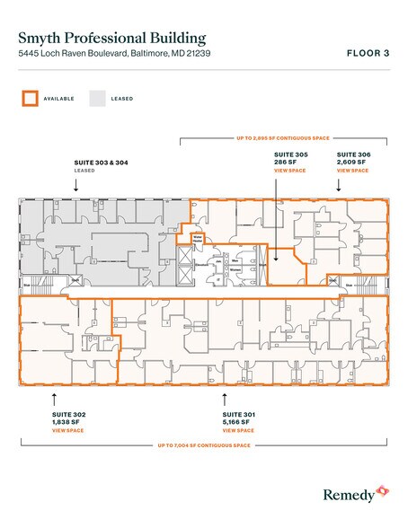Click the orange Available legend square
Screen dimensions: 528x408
click(x=30, y=98)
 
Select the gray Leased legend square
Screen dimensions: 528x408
click(x=95, y=98)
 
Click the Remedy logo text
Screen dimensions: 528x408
click(x=347, y=493)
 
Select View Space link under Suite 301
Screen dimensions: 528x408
click(x=239, y=432)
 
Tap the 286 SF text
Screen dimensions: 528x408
click(x=287, y=162)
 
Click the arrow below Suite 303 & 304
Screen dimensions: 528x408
click(x=75, y=183)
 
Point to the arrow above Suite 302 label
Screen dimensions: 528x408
click(x=55, y=397)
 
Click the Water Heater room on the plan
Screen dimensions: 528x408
click(x=198, y=239)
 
